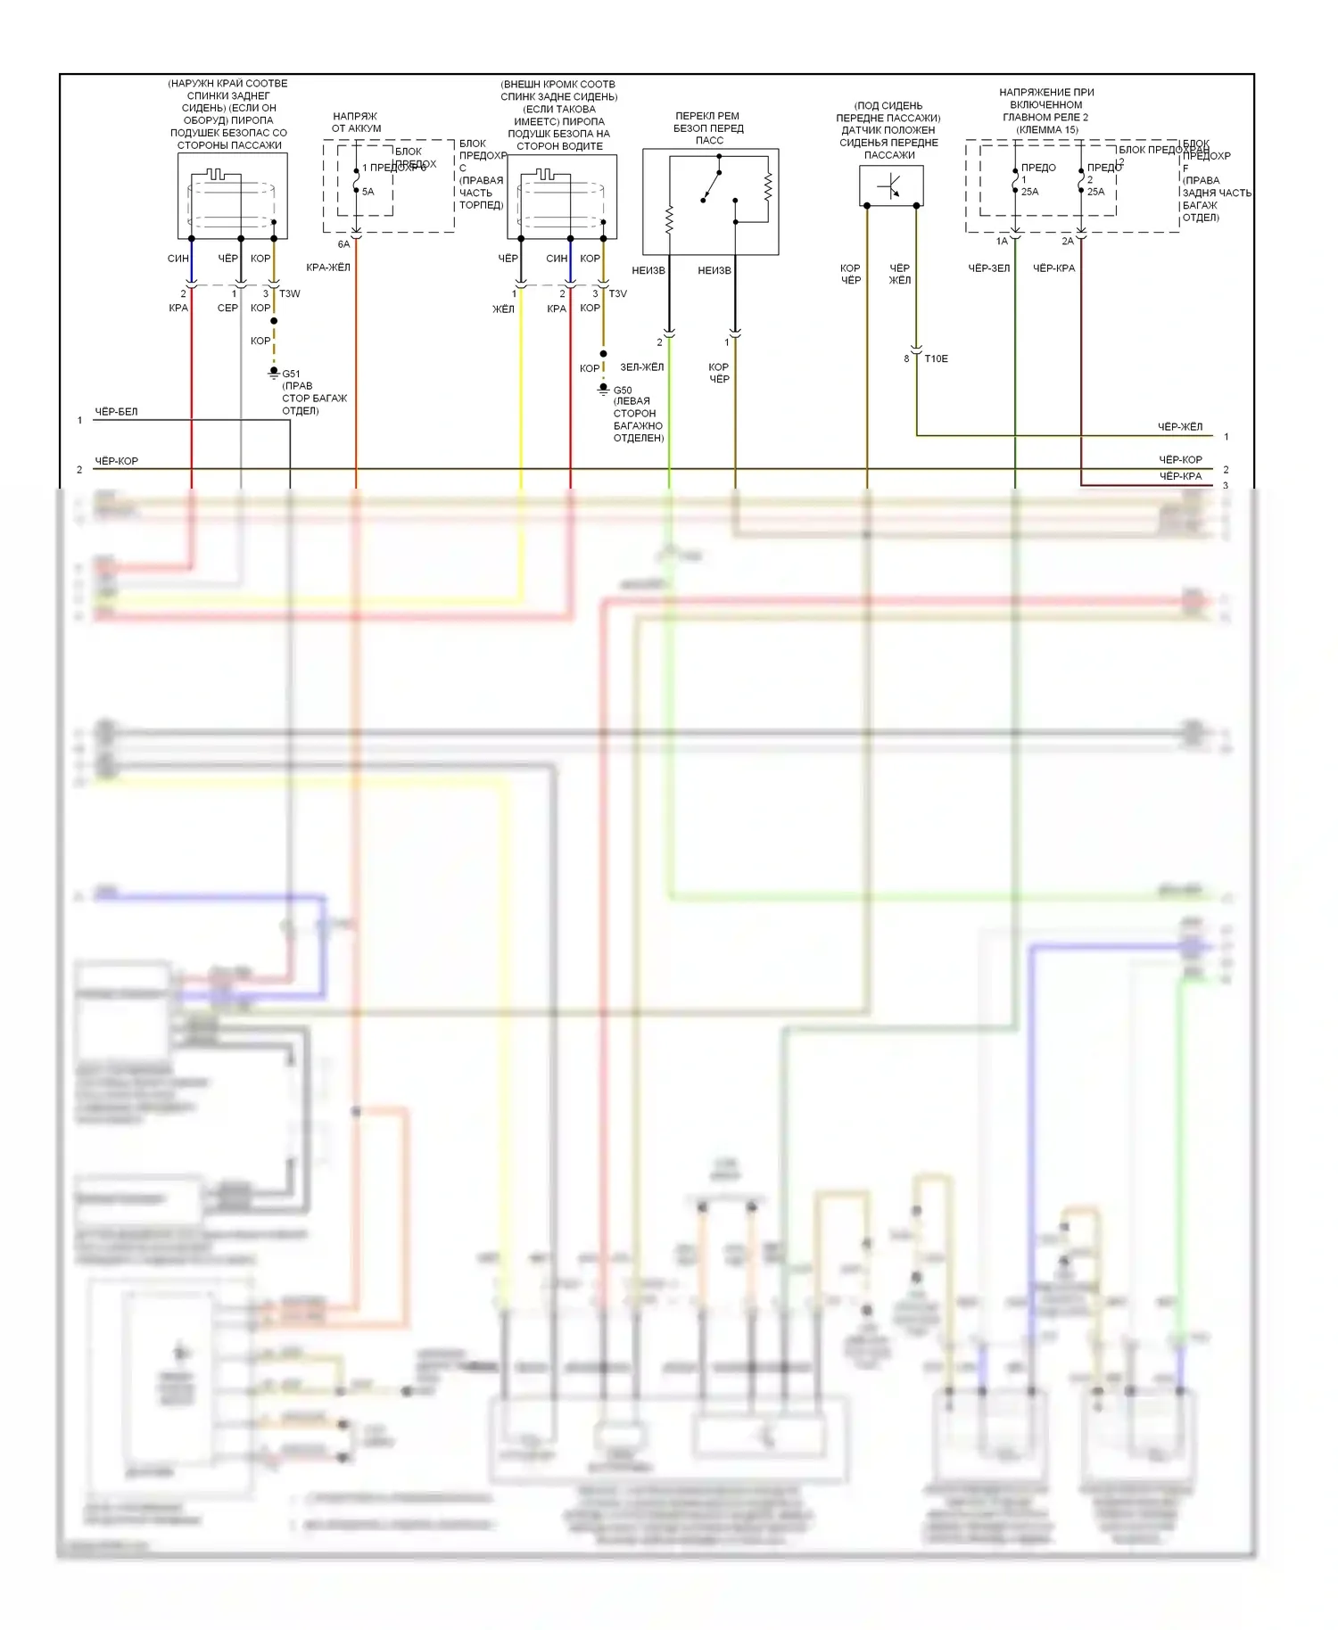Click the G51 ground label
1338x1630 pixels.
(291, 374)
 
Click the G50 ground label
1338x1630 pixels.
(623, 390)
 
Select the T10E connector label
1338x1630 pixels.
(936, 358)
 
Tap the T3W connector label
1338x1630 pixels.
(290, 293)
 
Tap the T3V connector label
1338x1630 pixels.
(617, 293)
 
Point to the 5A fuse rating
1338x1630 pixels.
(368, 192)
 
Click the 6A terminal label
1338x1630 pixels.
(343, 244)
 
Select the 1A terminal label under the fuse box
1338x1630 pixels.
(1002, 242)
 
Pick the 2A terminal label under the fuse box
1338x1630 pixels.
(1068, 242)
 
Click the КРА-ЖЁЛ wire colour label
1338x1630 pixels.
(328, 268)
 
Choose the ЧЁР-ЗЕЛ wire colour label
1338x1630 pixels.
(989, 268)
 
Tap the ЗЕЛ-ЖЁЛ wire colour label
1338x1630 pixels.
(642, 366)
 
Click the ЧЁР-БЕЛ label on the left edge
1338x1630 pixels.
(116, 412)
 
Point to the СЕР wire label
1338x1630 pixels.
(227, 308)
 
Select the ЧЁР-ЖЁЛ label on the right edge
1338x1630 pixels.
(1179, 427)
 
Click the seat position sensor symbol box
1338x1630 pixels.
(891, 186)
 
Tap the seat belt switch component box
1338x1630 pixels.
(711, 202)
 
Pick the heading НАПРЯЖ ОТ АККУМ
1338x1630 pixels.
(355, 122)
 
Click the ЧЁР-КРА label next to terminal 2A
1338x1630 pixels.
(1053, 268)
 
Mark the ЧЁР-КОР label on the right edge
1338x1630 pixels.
(1179, 460)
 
